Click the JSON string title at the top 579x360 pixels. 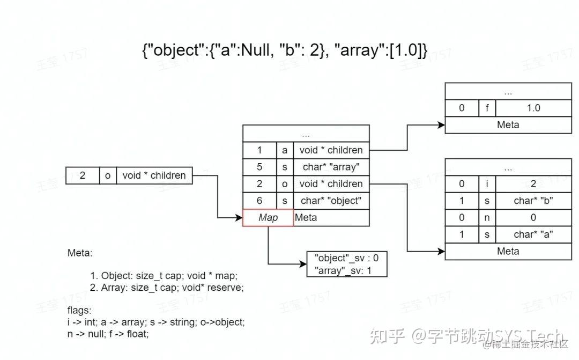[x=285, y=50]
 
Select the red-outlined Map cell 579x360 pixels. [x=268, y=217]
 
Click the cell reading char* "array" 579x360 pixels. [x=331, y=167]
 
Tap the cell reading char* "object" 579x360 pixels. [x=331, y=201]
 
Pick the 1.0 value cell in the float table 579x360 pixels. [x=533, y=108]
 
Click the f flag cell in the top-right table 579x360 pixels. [x=487, y=108]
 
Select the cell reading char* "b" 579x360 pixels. [x=533, y=201]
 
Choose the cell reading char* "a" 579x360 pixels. [x=533, y=234]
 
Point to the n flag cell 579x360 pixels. [x=487, y=217]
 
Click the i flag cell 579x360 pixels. [x=487, y=183]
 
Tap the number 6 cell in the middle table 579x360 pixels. [x=259, y=201]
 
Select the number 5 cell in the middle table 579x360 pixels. [x=259, y=167]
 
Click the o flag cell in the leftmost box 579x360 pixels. [x=108, y=175]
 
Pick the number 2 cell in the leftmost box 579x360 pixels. [x=83, y=175]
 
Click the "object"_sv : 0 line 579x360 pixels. [x=346, y=258]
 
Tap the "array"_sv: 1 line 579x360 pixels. [x=343, y=270]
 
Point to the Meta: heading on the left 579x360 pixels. [x=80, y=252]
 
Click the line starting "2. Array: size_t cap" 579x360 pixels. [x=167, y=288]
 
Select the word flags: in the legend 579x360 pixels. [x=79, y=310]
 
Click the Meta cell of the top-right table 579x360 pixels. [x=508, y=125]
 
